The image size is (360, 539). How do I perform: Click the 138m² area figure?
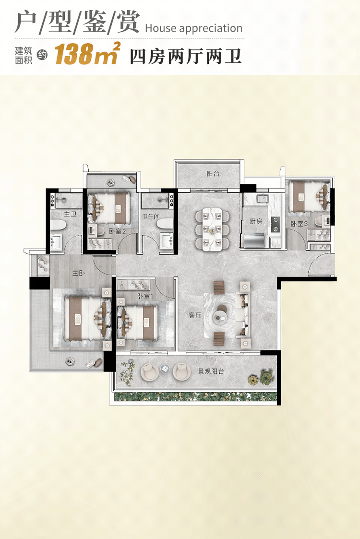pyautogui.click(x=87, y=54)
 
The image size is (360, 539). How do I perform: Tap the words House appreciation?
pyautogui.click(x=193, y=28)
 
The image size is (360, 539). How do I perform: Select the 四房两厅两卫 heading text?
pyautogui.click(x=186, y=57)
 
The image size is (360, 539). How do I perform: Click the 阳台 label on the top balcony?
pyautogui.click(x=213, y=174)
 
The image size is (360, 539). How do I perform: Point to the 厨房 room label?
pyautogui.click(x=256, y=221)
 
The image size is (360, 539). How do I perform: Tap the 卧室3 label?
pyautogui.click(x=299, y=224)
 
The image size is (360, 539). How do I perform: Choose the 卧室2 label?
pyautogui.click(x=118, y=231)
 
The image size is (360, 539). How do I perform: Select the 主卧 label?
pyautogui.click(x=78, y=274)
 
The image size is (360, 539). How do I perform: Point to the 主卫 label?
pyautogui.click(x=70, y=214)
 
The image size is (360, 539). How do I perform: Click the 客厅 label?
pyautogui.click(x=195, y=315)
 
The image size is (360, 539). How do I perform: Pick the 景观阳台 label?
pyautogui.click(x=211, y=371)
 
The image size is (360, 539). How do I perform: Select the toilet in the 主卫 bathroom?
pyautogui.click(x=58, y=225)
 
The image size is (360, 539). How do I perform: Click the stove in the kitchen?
pyautogui.click(x=275, y=224)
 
